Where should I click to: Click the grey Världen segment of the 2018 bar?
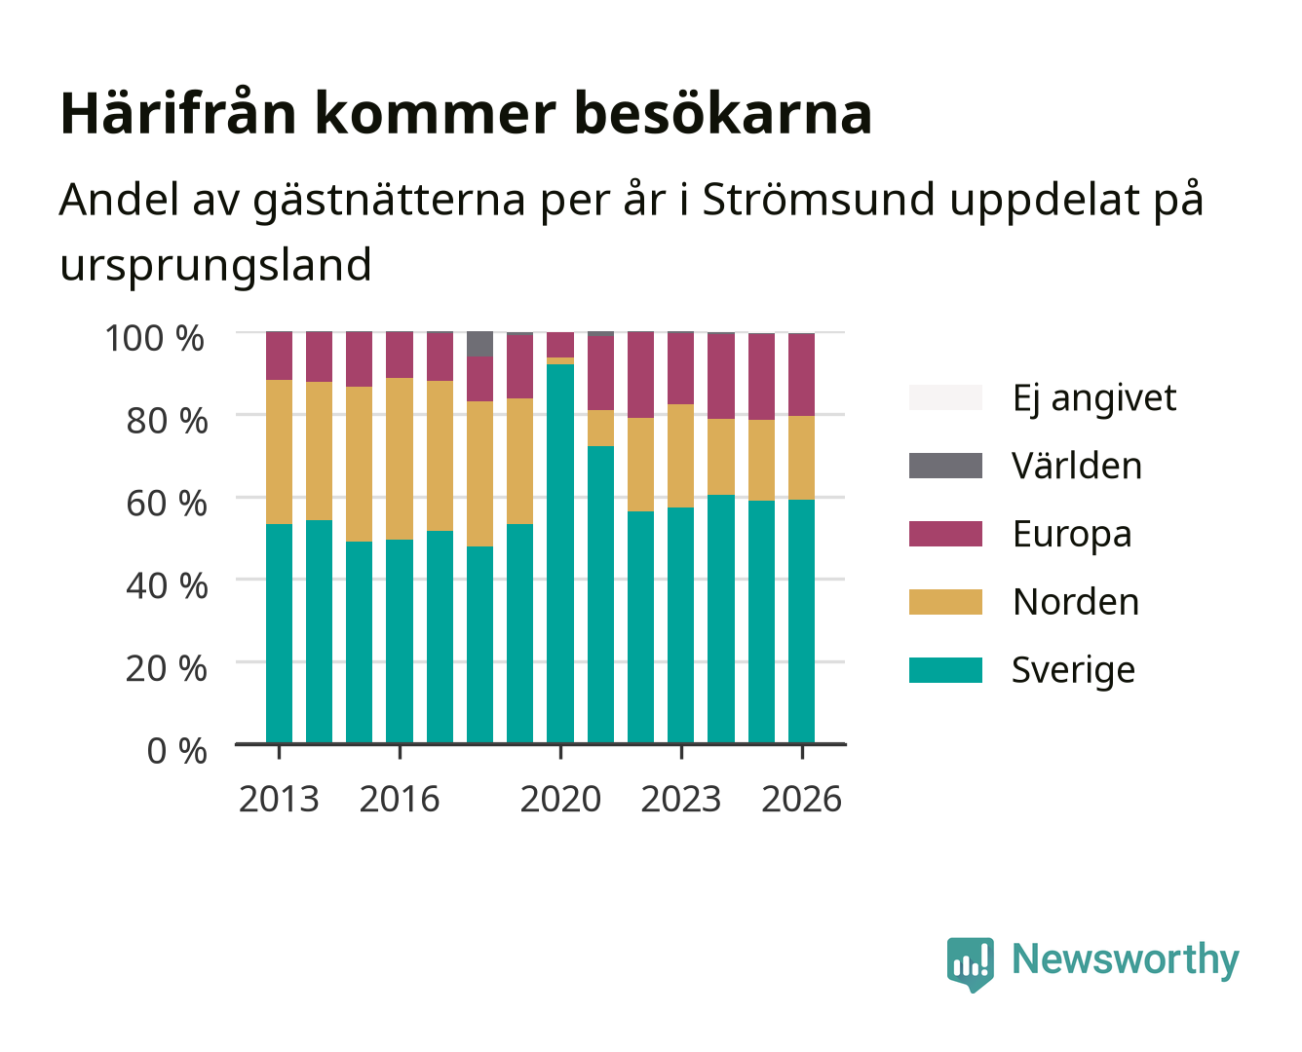coord(479,343)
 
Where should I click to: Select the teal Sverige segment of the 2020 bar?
coord(560,553)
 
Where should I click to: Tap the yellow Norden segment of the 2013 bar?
coord(279,451)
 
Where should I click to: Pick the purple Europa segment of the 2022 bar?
coord(640,374)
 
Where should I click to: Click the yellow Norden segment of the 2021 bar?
coord(600,428)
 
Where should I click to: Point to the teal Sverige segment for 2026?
coord(801,621)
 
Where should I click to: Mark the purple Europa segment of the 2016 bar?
coord(400,355)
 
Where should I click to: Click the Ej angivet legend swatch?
coord(945,397)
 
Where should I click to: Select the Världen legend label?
coord(1077,466)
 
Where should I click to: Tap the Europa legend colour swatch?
coord(945,534)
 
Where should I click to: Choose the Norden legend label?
coord(1076,602)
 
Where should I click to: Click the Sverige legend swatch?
coord(945,669)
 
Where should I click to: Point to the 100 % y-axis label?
coord(154,338)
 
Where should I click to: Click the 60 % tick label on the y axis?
coord(167,504)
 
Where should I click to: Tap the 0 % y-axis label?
coord(176,751)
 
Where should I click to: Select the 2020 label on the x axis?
coord(560,799)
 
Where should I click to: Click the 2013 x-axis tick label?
coord(279,799)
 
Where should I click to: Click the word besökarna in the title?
coord(722,113)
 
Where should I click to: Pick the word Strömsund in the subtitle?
coord(819,199)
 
